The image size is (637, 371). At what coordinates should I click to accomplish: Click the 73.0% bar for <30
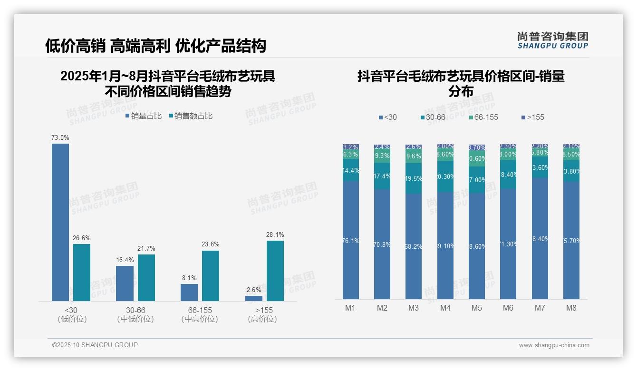[60, 222]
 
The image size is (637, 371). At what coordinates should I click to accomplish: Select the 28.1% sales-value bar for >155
[275, 271]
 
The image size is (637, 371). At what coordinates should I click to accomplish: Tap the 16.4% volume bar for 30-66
[125, 283]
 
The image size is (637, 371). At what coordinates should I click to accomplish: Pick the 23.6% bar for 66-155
[211, 276]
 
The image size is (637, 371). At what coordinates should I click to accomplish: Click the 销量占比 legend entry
[144, 116]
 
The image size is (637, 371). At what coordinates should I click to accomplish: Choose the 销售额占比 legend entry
[191, 116]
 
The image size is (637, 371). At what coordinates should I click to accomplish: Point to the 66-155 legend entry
[483, 117]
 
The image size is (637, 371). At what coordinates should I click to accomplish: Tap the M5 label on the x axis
[477, 308]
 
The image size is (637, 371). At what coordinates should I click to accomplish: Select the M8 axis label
[571, 308]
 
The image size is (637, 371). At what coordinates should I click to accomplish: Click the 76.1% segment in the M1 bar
[351, 240]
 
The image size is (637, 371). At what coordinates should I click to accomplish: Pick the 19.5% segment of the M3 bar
[414, 178]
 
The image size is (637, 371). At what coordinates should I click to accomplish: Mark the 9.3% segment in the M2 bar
[382, 156]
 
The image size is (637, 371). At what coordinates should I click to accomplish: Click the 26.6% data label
[82, 238]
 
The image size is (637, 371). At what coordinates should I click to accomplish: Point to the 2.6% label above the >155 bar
[254, 290]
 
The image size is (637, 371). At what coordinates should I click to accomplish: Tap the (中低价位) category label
[135, 319]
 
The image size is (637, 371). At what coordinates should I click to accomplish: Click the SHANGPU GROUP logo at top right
[553, 40]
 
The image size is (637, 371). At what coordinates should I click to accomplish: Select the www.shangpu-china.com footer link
[554, 345]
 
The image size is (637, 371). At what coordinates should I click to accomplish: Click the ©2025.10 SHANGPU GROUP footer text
[95, 345]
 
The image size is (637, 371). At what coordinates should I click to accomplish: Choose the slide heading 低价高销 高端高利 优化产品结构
[155, 46]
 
